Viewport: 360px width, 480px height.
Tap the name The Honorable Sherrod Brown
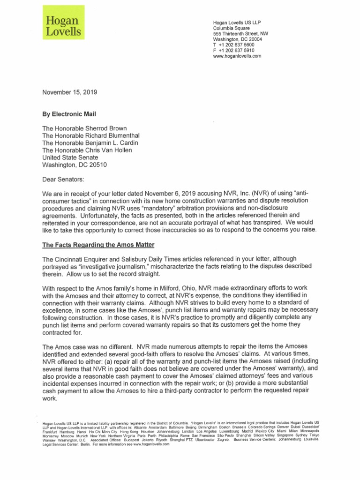tap(85, 128)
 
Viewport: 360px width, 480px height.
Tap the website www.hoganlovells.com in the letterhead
tap(237, 56)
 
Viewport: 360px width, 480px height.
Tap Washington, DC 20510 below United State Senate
tap(77, 165)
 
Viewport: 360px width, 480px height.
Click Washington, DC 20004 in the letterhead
tap(237, 39)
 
